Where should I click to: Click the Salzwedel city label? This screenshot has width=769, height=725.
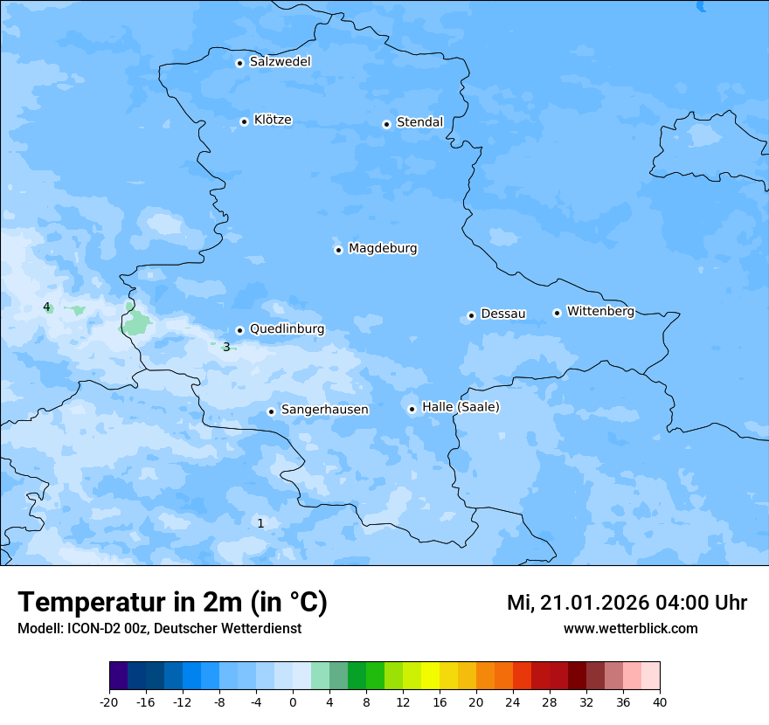[280, 62]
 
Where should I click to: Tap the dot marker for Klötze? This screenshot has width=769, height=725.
[245, 121]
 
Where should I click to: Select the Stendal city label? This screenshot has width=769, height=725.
[419, 122]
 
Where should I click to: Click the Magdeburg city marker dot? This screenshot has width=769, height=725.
[339, 250]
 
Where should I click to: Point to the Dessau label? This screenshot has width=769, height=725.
[503, 314]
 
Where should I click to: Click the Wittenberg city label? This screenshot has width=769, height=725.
[600, 312]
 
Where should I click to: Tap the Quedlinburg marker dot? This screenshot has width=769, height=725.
[240, 330]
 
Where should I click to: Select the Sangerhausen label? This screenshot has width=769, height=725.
[324, 410]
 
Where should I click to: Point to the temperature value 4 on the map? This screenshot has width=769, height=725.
[46, 307]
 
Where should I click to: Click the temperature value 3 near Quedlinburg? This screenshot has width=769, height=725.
[226, 347]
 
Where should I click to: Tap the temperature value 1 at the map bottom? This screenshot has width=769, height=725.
[260, 523]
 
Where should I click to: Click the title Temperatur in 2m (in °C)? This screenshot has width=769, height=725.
[172, 603]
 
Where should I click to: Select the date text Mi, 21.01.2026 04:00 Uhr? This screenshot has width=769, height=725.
[627, 603]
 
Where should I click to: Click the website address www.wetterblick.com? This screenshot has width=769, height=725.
[630, 629]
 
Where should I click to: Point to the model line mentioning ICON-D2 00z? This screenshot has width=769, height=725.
[159, 629]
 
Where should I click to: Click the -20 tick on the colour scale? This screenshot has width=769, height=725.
[109, 702]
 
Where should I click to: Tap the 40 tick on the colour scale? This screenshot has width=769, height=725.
[660, 702]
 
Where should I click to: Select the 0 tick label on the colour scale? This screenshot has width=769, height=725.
[293, 702]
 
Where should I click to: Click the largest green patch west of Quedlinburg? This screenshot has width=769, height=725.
[135, 324]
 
